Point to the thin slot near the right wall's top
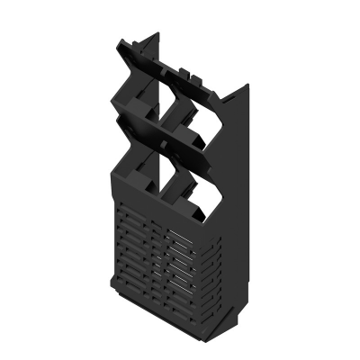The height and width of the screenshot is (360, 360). (x=238, y=102)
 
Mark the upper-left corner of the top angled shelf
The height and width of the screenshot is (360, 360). (x=118, y=42)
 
